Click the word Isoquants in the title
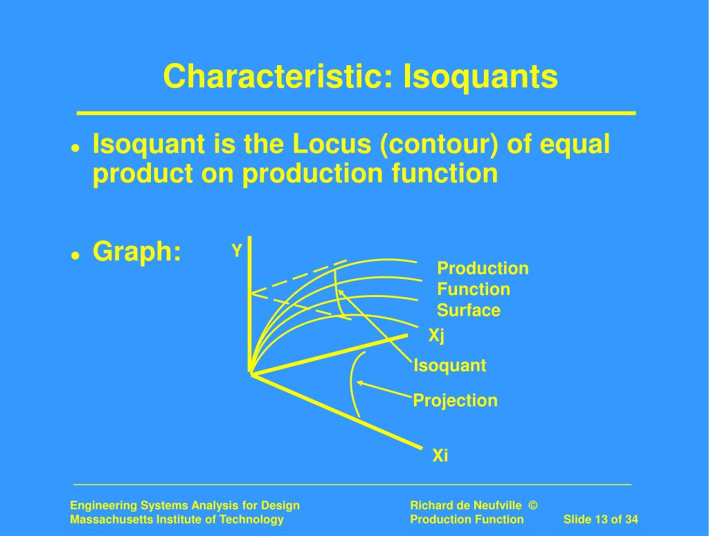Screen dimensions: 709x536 click(481, 76)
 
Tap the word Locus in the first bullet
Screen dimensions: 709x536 click(332, 144)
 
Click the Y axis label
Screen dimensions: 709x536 click(237, 250)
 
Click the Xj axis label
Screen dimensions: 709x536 click(436, 336)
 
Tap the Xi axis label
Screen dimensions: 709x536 click(440, 455)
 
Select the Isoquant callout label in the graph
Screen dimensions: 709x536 click(449, 366)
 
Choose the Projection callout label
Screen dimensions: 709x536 click(455, 400)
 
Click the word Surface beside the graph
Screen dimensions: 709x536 click(469, 310)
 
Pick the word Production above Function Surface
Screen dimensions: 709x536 click(483, 268)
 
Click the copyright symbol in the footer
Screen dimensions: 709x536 click(533, 506)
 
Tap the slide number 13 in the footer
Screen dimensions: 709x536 click(600, 519)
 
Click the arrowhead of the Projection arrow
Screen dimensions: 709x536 click(359, 383)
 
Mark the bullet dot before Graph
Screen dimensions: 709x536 click(75, 256)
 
